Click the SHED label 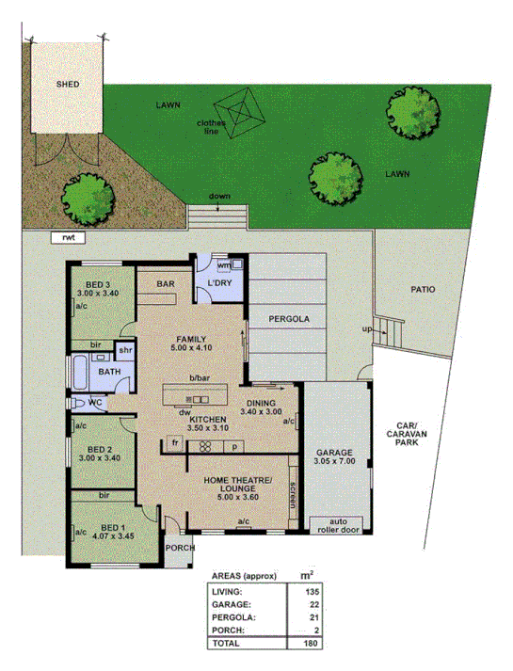coord(67,84)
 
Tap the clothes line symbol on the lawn coord(244,115)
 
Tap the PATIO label coord(423,290)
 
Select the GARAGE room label coord(335,452)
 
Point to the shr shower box coord(125,350)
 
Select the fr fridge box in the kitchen coord(175,442)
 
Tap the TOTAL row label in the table coord(227,644)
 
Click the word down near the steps coord(218,196)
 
